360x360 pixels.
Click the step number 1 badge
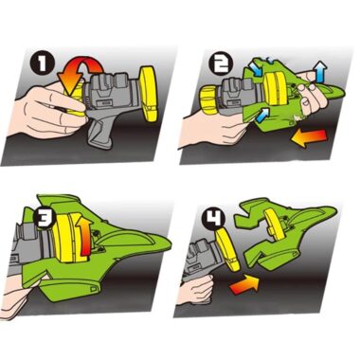42,64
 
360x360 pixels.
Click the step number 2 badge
221,63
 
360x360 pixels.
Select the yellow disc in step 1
149,94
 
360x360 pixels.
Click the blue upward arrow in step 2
320,72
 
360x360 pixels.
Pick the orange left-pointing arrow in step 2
308,137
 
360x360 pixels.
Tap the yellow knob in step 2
207,100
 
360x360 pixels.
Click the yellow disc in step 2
276,90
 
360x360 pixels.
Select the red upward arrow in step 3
84,236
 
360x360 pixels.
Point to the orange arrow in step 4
244,283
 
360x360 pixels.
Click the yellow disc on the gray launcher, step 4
227,249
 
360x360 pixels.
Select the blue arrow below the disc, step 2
261,115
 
